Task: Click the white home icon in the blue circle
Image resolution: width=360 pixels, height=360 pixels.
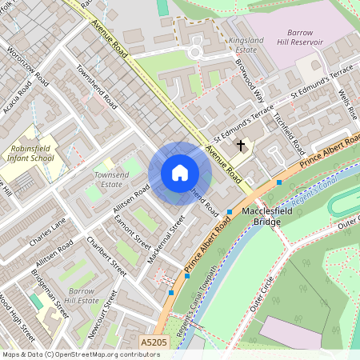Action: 180,173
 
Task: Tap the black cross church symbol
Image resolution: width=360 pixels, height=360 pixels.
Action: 240,146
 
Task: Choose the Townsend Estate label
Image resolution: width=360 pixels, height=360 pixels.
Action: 112,178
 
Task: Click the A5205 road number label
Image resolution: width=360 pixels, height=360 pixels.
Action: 154,342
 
